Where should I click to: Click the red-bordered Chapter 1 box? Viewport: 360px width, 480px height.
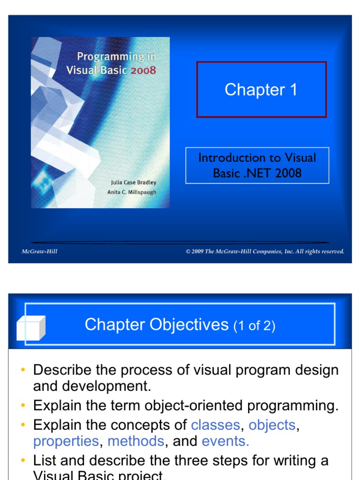point(261,89)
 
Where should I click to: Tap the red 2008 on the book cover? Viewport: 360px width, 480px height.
point(143,71)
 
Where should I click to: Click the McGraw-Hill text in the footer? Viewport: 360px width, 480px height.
point(39,252)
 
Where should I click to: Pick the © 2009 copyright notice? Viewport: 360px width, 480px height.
point(265,252)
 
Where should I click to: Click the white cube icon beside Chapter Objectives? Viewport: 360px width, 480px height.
point(30,328)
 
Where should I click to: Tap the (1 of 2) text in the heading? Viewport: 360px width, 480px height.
point(254,326)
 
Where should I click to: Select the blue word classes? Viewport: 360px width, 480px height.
point(216,425)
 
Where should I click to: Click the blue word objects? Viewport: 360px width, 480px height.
point(272,425)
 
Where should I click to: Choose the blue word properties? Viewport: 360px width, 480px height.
point(66,441)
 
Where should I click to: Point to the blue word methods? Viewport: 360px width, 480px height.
point(136,441)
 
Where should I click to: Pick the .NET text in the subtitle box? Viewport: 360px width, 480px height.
point(257,173)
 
